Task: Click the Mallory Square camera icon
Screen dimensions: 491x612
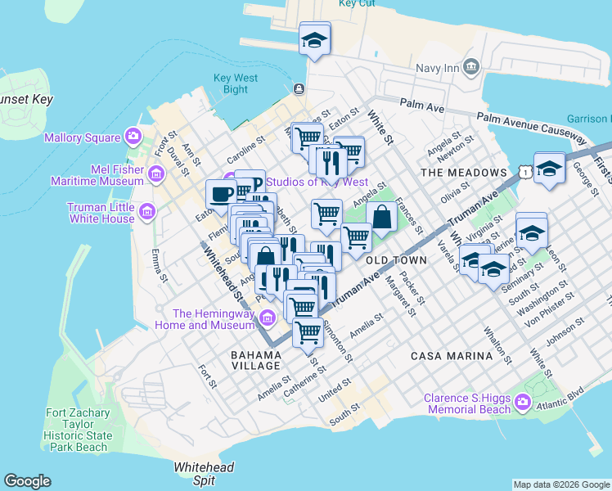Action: [132, 136]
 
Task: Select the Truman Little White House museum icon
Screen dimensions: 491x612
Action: [147, 213]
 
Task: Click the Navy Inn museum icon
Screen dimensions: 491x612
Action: [471, 66]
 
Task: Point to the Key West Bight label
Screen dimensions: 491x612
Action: [236, 83]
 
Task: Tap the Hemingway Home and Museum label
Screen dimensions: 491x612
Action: [214, 319]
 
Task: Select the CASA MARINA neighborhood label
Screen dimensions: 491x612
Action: [452, 355]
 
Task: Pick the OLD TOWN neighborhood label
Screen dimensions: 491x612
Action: [396, 259]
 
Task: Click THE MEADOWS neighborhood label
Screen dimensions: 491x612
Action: [463, 173]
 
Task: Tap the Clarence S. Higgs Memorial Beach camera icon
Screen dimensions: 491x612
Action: [523, 403]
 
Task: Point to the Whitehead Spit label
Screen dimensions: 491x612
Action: [204, 473]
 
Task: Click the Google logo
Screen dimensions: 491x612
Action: [27, 481]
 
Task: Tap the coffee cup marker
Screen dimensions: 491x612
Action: [221, 195]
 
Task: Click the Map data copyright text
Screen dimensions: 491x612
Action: [561, 484]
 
